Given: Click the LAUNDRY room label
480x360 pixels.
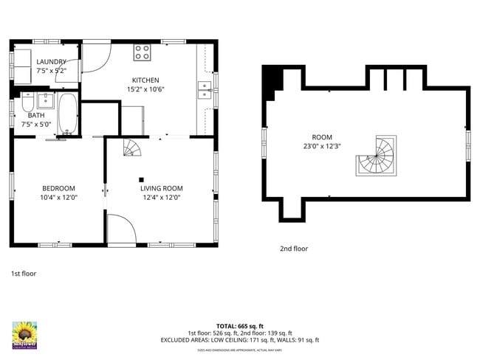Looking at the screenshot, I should (51, 62).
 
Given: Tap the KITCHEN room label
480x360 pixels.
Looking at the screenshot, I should (145, 80).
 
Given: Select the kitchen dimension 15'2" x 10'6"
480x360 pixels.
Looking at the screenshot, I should (145, 90).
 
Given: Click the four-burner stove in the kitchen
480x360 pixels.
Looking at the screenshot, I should (142, 52).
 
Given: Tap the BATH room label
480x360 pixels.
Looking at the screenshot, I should (35, 116).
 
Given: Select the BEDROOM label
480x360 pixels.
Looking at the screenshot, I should (58, 188).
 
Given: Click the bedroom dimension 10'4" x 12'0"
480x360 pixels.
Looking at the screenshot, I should (58, 198).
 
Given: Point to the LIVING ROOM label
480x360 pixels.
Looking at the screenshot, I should (162, 188).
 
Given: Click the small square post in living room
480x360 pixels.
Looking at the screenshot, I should (141, 179).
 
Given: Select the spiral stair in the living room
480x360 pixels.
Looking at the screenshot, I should (131, 148).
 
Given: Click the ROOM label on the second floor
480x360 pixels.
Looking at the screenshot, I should (322, 137).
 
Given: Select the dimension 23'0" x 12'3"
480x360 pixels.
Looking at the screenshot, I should (322, 147).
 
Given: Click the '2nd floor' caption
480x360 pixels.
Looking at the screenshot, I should (294, 249).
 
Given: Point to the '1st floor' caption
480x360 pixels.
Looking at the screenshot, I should (24, 273).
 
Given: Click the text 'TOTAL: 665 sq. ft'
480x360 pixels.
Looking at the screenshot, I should (239, 325).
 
